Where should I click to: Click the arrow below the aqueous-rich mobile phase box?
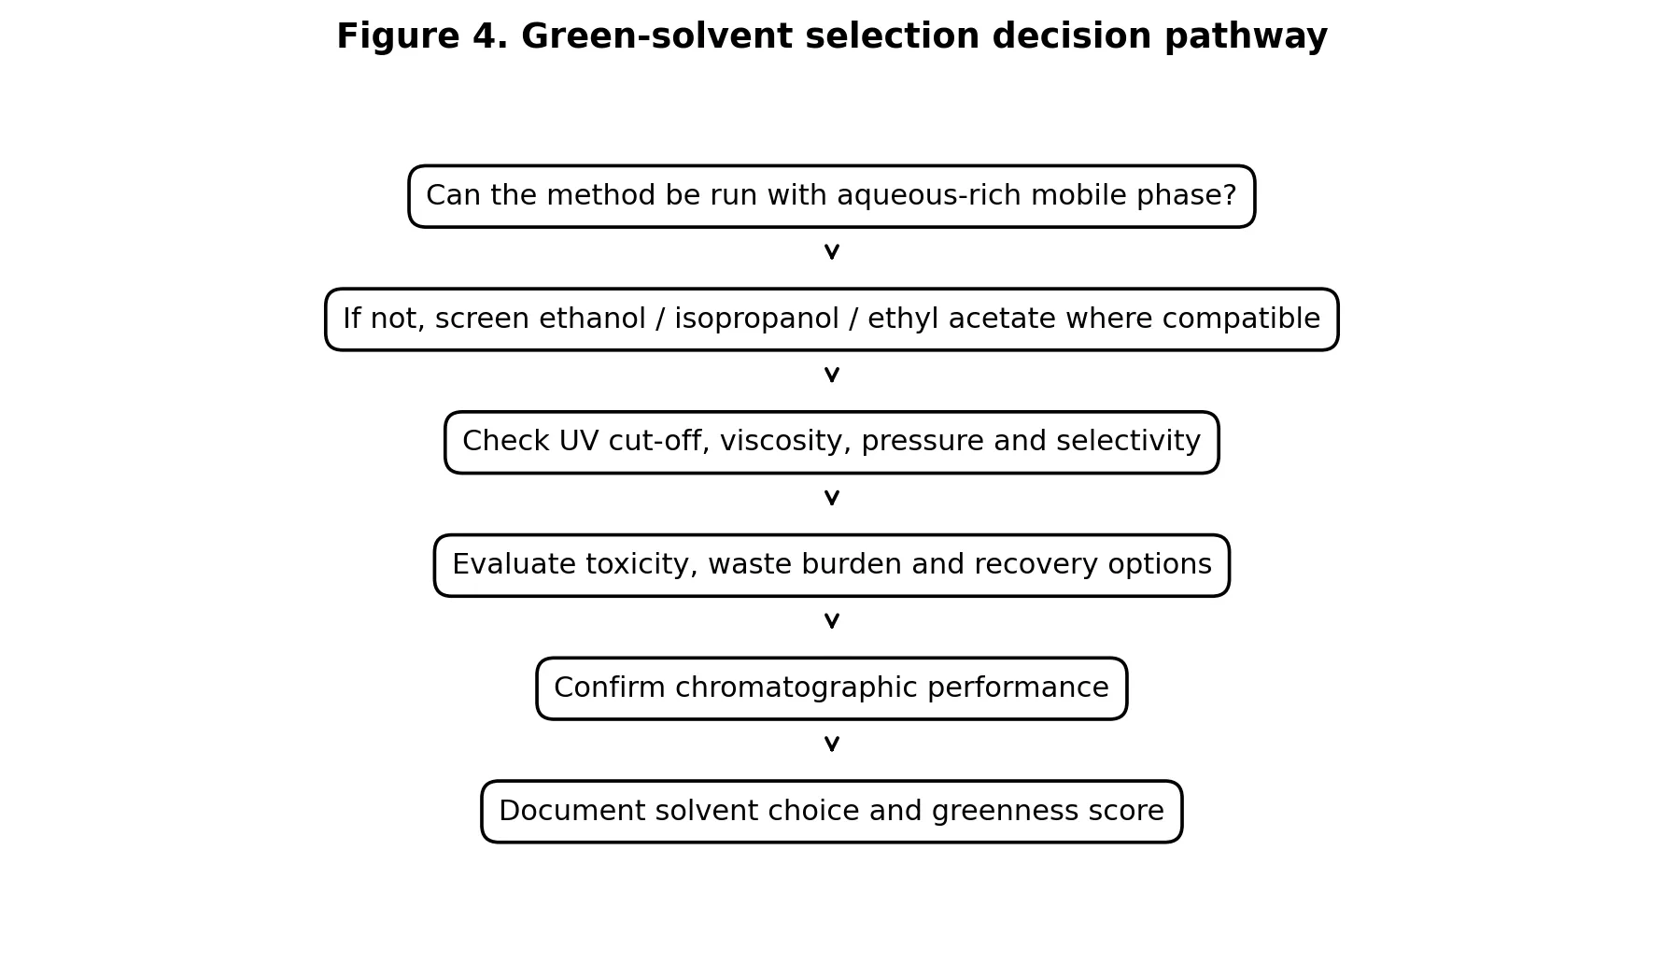pos(832,251)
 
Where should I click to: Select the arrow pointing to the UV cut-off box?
pos(832,375)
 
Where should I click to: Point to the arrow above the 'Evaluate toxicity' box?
pos(832,498)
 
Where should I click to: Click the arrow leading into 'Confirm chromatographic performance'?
pos(832,621)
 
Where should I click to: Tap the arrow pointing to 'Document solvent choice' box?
pos(832,744)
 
